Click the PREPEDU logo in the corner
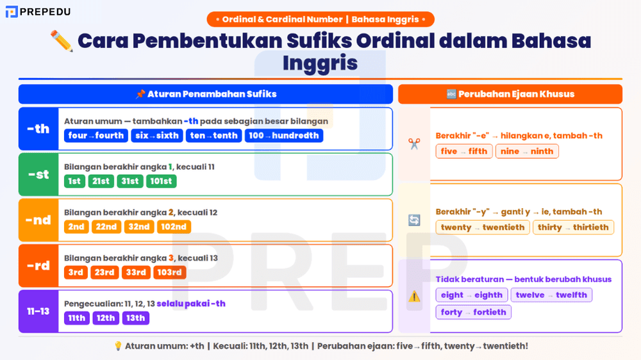38,12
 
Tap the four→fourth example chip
96,136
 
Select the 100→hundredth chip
284,136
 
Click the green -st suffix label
38,174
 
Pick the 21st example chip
101,181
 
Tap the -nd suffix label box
38,220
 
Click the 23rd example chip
104,272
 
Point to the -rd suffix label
38,265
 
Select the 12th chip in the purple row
104,318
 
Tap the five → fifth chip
464,151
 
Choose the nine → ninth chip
527,151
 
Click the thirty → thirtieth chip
573,227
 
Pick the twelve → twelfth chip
551,295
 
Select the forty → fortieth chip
473,312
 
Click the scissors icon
414,144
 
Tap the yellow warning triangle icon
414,297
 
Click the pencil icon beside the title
62,41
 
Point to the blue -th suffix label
38,129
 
